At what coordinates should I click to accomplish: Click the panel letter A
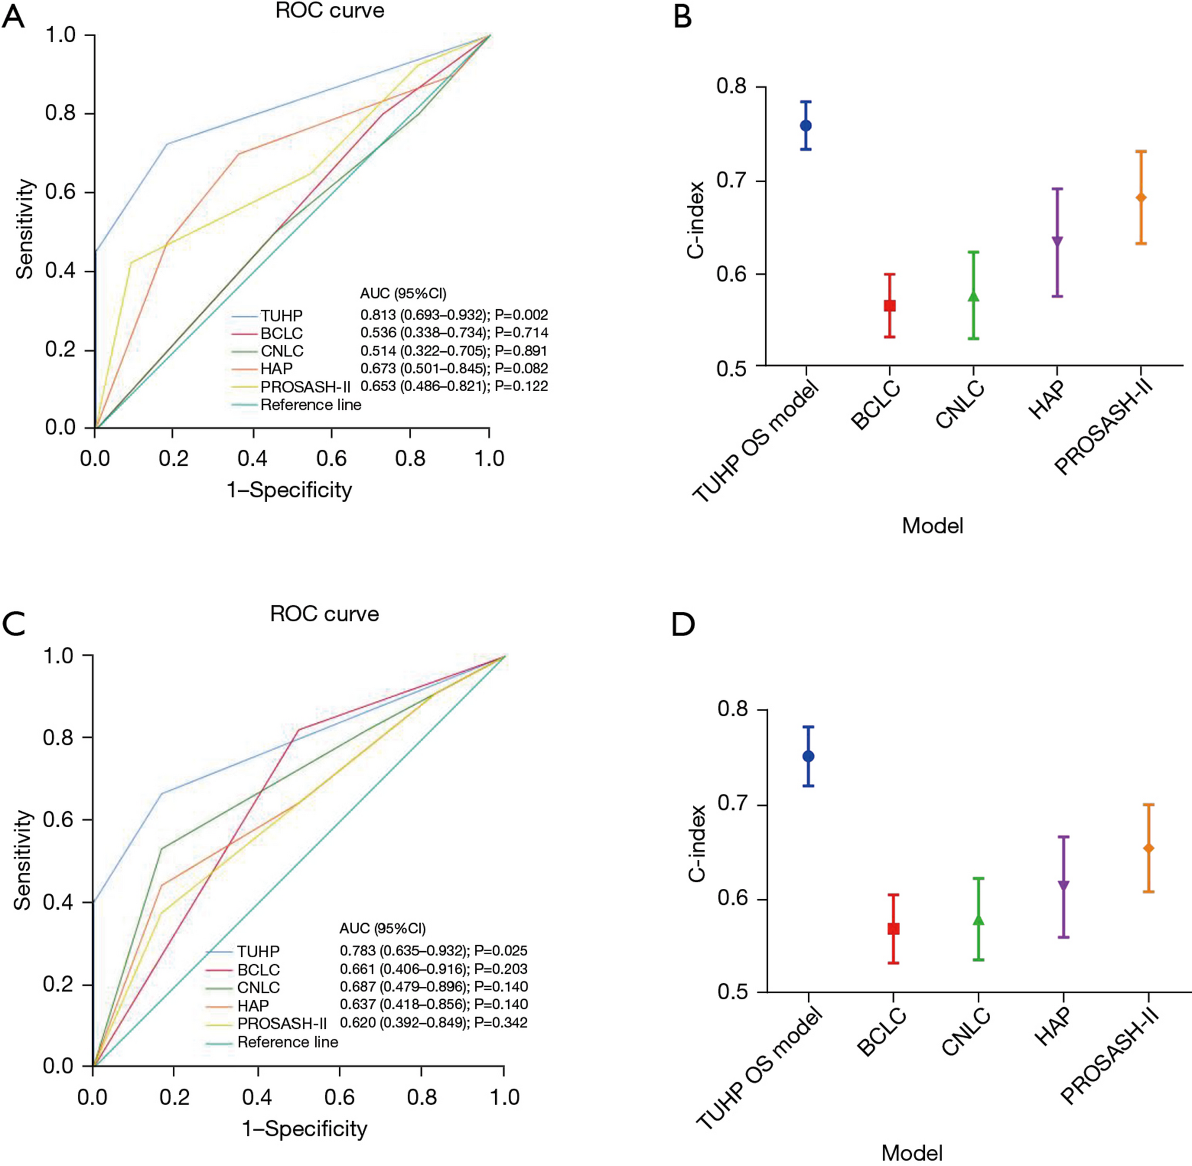14,17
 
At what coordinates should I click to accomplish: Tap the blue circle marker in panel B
806,126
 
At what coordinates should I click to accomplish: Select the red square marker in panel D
893,929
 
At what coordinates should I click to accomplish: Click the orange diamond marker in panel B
1140,198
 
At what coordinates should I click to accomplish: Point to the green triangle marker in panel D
978,920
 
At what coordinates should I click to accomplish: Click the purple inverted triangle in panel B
1057,241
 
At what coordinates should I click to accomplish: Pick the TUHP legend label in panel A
281,316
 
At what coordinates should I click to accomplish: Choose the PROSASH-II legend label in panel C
282,1024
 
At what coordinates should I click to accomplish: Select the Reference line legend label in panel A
310,405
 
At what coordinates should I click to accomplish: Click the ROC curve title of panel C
324,614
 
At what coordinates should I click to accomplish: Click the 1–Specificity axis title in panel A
289,490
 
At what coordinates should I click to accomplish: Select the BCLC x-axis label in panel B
877,406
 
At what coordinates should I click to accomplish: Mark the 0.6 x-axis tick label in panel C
339,1097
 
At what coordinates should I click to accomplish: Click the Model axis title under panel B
932,525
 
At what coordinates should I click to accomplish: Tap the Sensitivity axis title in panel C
23,860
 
